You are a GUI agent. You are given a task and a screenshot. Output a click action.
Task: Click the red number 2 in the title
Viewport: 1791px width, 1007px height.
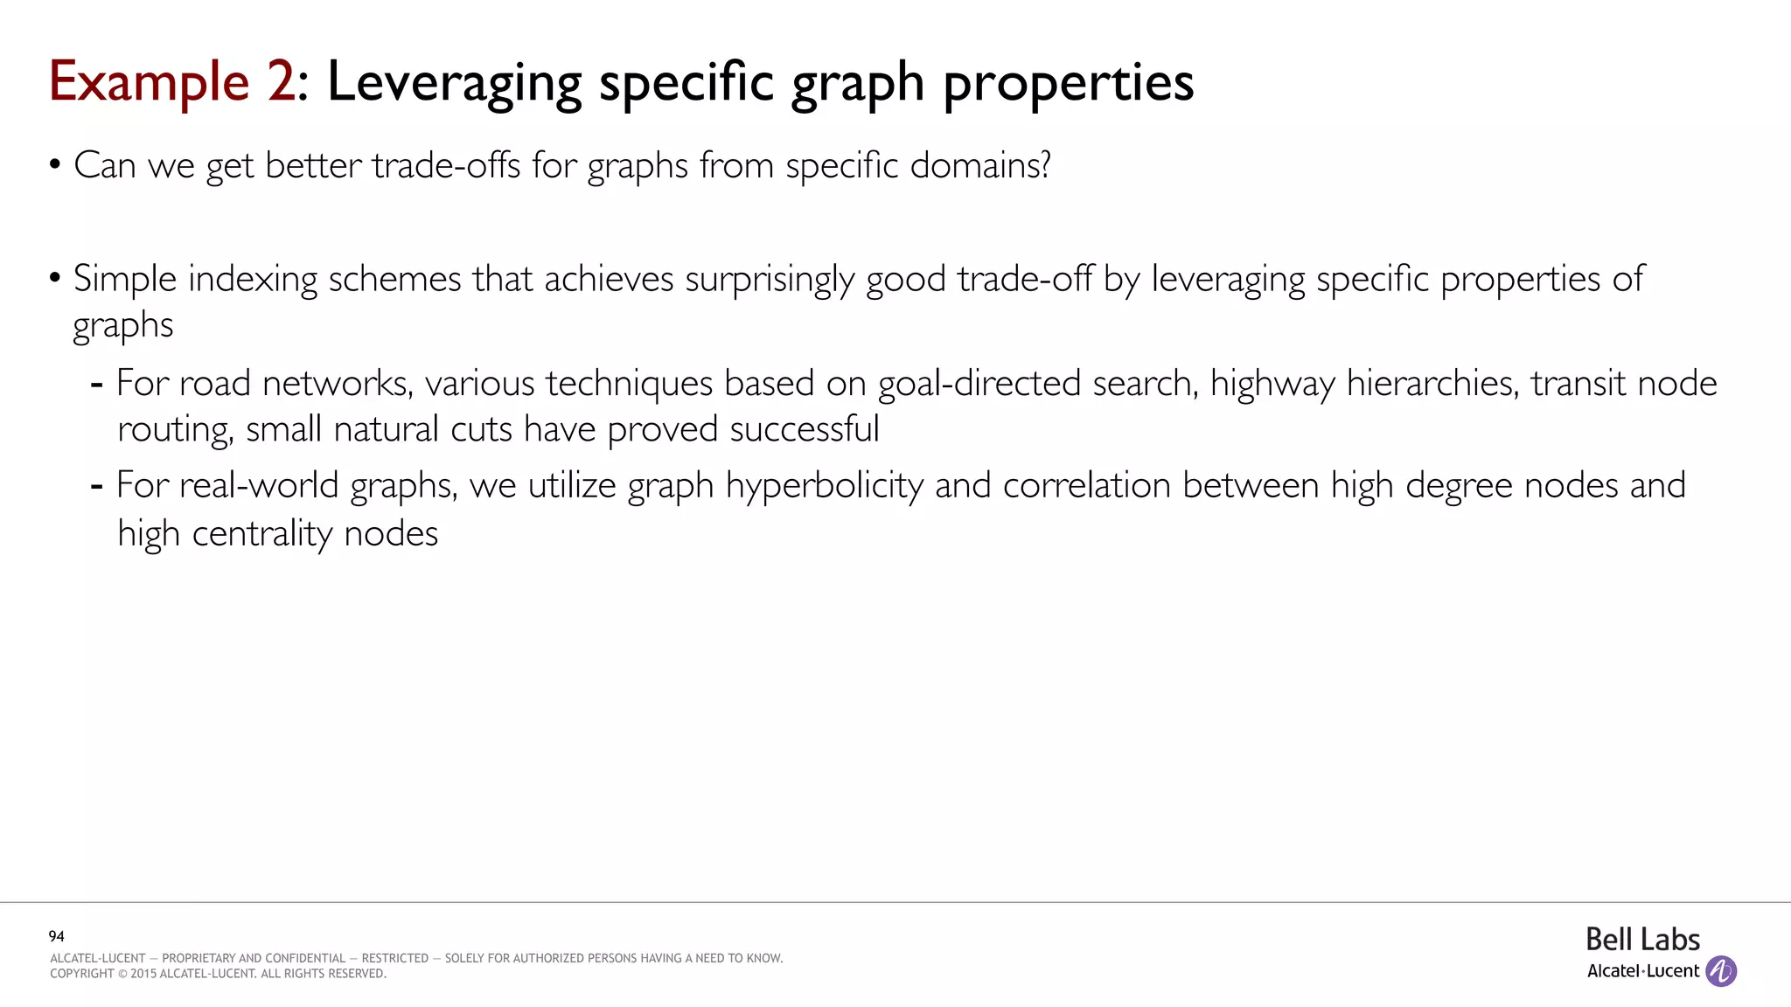(281, 81)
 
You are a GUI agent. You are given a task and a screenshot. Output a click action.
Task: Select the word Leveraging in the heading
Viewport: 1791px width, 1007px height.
(454, 83)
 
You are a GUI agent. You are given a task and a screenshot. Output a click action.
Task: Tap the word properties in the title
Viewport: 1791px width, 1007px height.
(1068, 83)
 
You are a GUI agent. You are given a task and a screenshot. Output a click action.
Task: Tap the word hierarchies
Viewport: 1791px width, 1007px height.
(1432, 384)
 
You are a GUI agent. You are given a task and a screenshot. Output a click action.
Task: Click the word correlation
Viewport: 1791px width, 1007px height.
(1087, 486)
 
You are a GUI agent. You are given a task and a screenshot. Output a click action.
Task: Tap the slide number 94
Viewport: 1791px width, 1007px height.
(57, 936)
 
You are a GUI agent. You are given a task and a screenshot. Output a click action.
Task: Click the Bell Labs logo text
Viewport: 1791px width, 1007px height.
(1642, 940)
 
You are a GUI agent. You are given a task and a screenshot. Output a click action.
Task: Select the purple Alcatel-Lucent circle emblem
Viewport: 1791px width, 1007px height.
(1721, 971)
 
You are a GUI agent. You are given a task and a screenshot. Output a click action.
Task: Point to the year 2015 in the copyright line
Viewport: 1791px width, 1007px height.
(143, 974)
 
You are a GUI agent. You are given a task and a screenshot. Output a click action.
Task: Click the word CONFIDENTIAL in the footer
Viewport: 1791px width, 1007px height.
(306, 958)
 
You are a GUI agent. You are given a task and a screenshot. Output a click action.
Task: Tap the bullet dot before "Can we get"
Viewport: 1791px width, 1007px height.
(55, 164)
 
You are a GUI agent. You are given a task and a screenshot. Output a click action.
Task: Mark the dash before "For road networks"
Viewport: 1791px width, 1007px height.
(97, 384)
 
